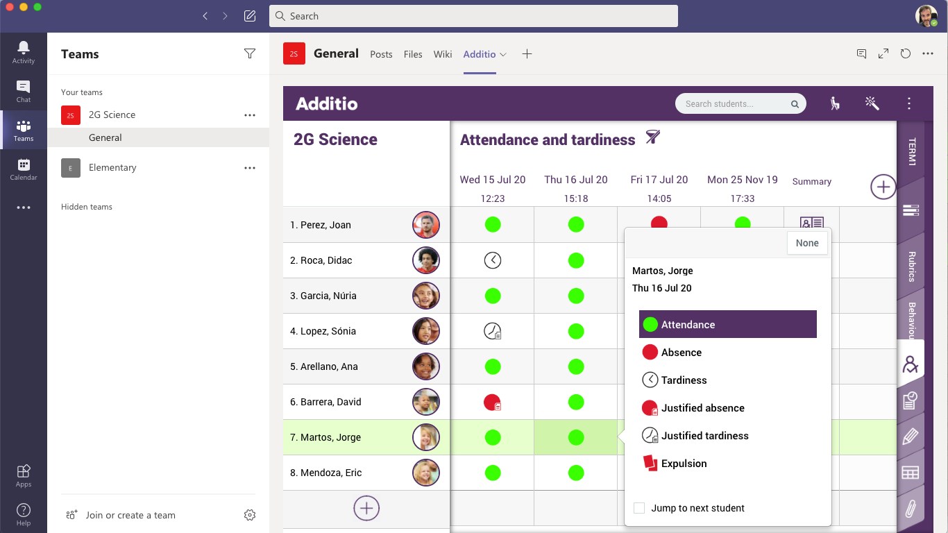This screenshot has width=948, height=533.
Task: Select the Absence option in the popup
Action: tap(681, 353)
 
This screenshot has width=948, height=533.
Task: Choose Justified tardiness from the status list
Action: tap(704, 436)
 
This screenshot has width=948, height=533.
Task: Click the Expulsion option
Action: tap(684, 464)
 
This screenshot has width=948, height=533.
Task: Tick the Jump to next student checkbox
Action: tap(639, 508)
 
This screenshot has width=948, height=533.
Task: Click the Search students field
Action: tap(736, 104)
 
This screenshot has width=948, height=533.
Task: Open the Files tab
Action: tap(413, 54)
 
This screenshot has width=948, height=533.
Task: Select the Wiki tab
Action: tap(443, 54)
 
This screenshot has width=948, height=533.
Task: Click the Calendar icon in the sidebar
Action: tap(24, 169)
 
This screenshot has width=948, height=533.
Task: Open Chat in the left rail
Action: tap(24, 91)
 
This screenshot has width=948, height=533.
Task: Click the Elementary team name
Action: tap(112, 167)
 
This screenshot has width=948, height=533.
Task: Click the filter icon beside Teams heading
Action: tap(250, 54)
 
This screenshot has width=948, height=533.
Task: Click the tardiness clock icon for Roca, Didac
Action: tap(493, 260)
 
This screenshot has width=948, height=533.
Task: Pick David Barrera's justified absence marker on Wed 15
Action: tap(493, 402)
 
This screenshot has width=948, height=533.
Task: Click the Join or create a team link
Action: tap(130, 515)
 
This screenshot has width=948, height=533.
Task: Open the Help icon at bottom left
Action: tap(24, 514)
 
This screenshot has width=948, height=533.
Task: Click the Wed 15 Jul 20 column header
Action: tap(493, 180)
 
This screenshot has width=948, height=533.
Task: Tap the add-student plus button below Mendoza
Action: tap(366, 508)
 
